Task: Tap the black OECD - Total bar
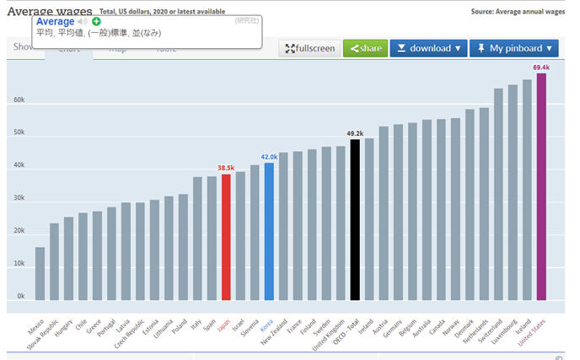coord(355,219)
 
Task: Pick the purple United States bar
coord(541,186)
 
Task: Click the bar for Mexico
coord(40,273)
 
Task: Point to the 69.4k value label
coord(541,66)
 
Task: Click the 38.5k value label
coord(226,168)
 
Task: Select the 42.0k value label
coord(269,157)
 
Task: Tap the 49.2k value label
coord(355,133)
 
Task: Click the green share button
coord(365,48)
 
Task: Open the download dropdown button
coord(428,48)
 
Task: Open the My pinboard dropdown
coord(514,48)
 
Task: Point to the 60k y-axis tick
coord(19,100)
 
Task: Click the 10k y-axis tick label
coord(19,264)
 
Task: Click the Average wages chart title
coord(49,11)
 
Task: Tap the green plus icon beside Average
coord(96,21)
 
